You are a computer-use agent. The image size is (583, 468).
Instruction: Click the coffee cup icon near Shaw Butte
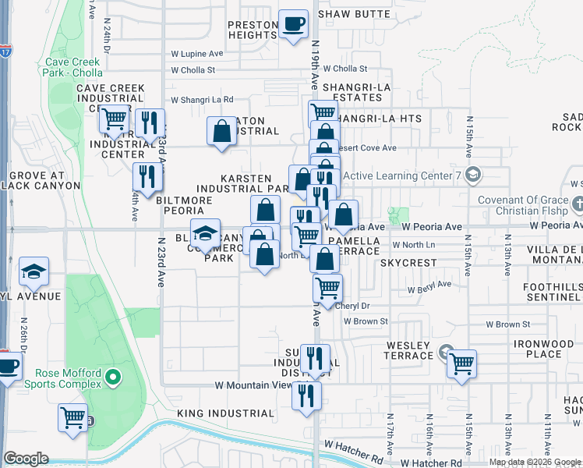294,24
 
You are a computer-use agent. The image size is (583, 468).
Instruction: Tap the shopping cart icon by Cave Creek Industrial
115,119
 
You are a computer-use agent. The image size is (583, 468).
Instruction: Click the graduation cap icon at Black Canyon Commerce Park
206,233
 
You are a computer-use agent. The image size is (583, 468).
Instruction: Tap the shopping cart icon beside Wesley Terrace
461,363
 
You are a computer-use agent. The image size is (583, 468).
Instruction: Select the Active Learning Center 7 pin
473,175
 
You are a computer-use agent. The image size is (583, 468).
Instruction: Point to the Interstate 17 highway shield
5,52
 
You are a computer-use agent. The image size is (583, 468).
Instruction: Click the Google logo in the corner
26,459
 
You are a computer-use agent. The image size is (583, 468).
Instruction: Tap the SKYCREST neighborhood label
408,264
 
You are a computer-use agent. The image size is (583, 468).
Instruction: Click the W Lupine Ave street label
197,54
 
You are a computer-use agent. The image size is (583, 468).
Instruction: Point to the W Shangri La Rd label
202,99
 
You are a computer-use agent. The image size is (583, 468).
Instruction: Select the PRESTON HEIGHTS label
253,30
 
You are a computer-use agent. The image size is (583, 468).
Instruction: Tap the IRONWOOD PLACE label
543,349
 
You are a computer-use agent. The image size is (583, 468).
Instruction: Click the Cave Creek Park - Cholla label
79,67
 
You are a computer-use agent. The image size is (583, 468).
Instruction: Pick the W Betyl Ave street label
430,285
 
